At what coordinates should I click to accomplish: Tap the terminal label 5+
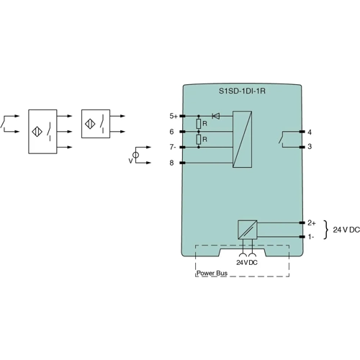tap(173, 115)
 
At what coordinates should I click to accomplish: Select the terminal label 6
tap(171, 132)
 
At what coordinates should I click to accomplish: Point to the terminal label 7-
tap(173, 147)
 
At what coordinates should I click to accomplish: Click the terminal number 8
tap(171, 163)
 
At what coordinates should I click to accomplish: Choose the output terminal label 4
tap(309, 132)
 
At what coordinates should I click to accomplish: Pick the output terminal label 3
tap(309, 147)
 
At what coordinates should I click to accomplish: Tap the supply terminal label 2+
tap(311, 223)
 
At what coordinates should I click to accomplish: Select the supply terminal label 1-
tap(310, 236)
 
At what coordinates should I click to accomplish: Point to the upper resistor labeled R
tap(199, 124)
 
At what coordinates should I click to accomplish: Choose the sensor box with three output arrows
tap(42, 132)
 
